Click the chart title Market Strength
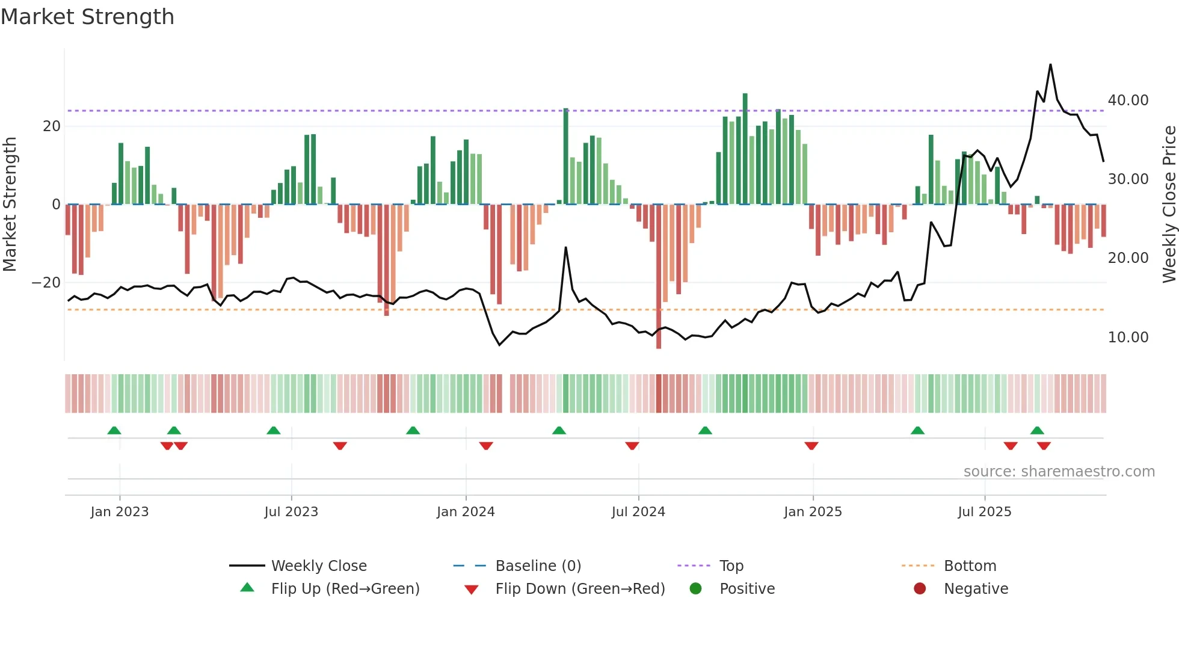point(87,17)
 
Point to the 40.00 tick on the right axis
point(1128,100)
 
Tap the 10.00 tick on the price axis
point(1128,338)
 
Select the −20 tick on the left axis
point(46,283)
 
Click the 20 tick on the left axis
point(52,126)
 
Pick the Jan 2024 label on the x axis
point(466,512)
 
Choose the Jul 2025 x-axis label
point(984,512)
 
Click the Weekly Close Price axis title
point(1169,205)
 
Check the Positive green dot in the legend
point(696,588)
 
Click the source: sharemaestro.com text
point(1059,472)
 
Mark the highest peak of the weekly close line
point(1050,65)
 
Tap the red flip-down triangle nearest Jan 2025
point(811,446)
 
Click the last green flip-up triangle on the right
point(1037,430)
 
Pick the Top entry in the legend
point(731,566)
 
